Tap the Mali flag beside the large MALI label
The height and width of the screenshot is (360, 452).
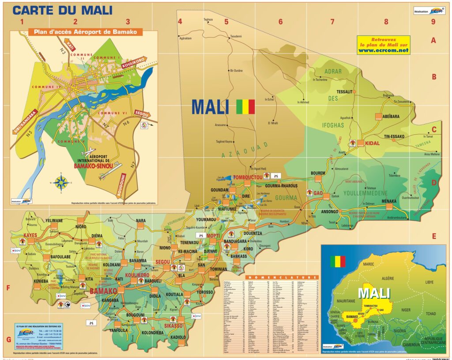pyautogui.click(x=246, y=106)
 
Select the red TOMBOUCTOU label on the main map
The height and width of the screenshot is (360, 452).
pyautogui.click(x=248, y=177)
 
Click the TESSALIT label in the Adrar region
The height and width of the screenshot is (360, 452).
pyautogui.click(x=339, y=91)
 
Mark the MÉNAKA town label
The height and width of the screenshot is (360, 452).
pyautogui.click(x=377, y=201)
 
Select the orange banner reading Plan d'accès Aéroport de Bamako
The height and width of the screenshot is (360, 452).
pyautogui.click(x=85, y=32)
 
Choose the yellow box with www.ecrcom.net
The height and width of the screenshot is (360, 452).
pyautogui.click(x=384, y=45)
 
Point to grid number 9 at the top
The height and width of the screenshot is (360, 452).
pyautogui.click(x=433, y=21)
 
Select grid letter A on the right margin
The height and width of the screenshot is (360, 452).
pyautogui.click(x=433, y=41)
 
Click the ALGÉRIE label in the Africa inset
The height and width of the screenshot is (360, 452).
pyautogui.click(x=387, y=278)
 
